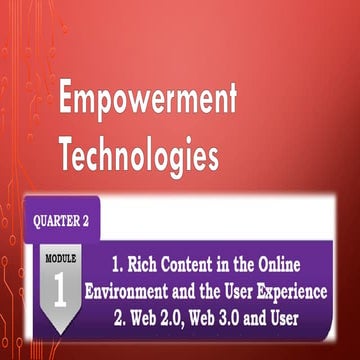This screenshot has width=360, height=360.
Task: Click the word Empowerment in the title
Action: click(148, 100)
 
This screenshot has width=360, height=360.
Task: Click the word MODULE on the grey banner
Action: click(59, 259)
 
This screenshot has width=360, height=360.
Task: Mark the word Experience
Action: click(301, 294)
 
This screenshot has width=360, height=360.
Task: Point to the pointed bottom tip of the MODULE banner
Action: click(59, 332)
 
